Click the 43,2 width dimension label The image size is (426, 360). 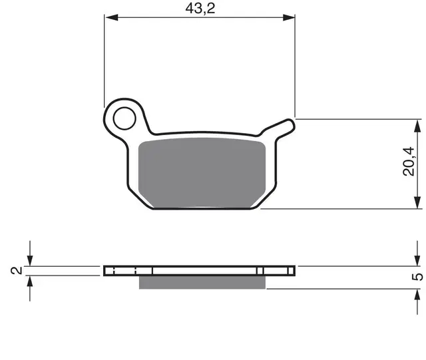coord(200,9)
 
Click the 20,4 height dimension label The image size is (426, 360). coord(409,162)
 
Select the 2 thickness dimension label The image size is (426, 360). coord(16,271)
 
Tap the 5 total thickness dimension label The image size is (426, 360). coord(417,277)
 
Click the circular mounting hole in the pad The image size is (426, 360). coord(124,118)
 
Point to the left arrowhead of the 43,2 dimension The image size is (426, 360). coord(112,18)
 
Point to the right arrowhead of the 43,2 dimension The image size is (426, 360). coord(288,18)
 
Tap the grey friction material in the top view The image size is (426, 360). coord(202,173)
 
